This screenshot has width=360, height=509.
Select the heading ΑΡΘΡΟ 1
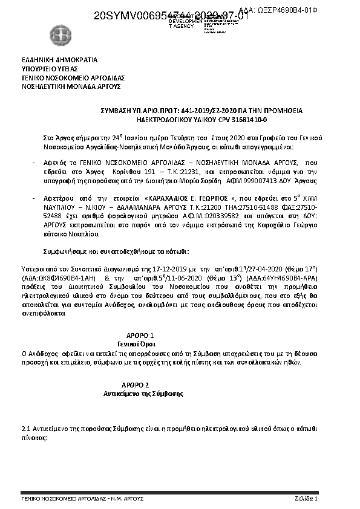(x=141, y=334)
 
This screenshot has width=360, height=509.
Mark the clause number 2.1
(x=25, y=428)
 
